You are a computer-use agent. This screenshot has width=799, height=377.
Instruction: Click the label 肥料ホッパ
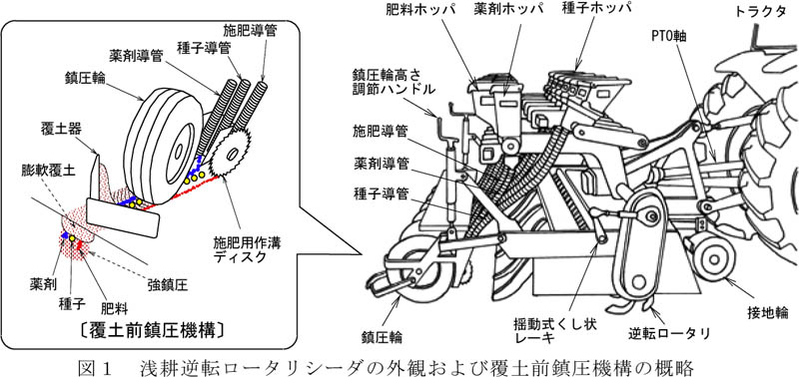(412, 10)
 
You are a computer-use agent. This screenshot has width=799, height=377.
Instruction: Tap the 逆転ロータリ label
(669, 333)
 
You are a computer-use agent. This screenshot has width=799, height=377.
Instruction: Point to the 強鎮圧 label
(168, 285)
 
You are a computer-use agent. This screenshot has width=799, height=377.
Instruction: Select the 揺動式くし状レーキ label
(555, 331)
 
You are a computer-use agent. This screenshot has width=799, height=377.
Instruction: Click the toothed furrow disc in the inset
(231, 153)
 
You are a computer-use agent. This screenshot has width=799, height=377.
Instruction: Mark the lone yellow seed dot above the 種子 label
(72, 238)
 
